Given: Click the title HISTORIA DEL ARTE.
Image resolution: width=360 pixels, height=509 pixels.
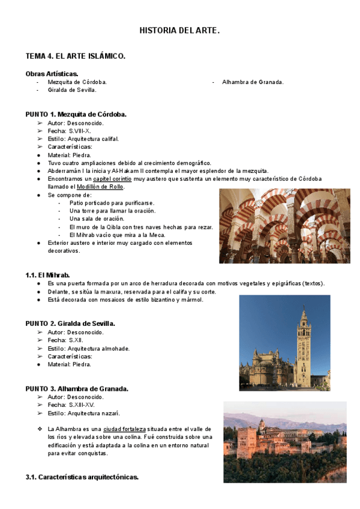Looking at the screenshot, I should [x=179, y=29].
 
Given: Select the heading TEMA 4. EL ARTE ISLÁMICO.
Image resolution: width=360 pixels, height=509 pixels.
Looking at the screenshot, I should [x=75, y=56].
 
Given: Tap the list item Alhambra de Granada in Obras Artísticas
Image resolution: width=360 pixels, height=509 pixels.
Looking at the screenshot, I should [x=253, y=82].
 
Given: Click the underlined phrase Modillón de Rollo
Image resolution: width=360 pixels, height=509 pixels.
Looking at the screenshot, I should [x=98, y=187].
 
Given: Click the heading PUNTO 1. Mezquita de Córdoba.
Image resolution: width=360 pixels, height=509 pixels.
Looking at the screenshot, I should [x=76, y=114].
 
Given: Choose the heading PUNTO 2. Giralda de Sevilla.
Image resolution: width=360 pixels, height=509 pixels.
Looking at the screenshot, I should [x=70, y=324].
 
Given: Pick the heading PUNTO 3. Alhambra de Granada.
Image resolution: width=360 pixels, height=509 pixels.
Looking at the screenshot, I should [x=76, y=388].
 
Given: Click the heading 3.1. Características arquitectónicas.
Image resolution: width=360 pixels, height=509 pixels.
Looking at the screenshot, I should [x=82, y=477].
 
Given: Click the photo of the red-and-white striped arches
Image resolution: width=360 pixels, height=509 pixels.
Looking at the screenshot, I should [x=284, y=226].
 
